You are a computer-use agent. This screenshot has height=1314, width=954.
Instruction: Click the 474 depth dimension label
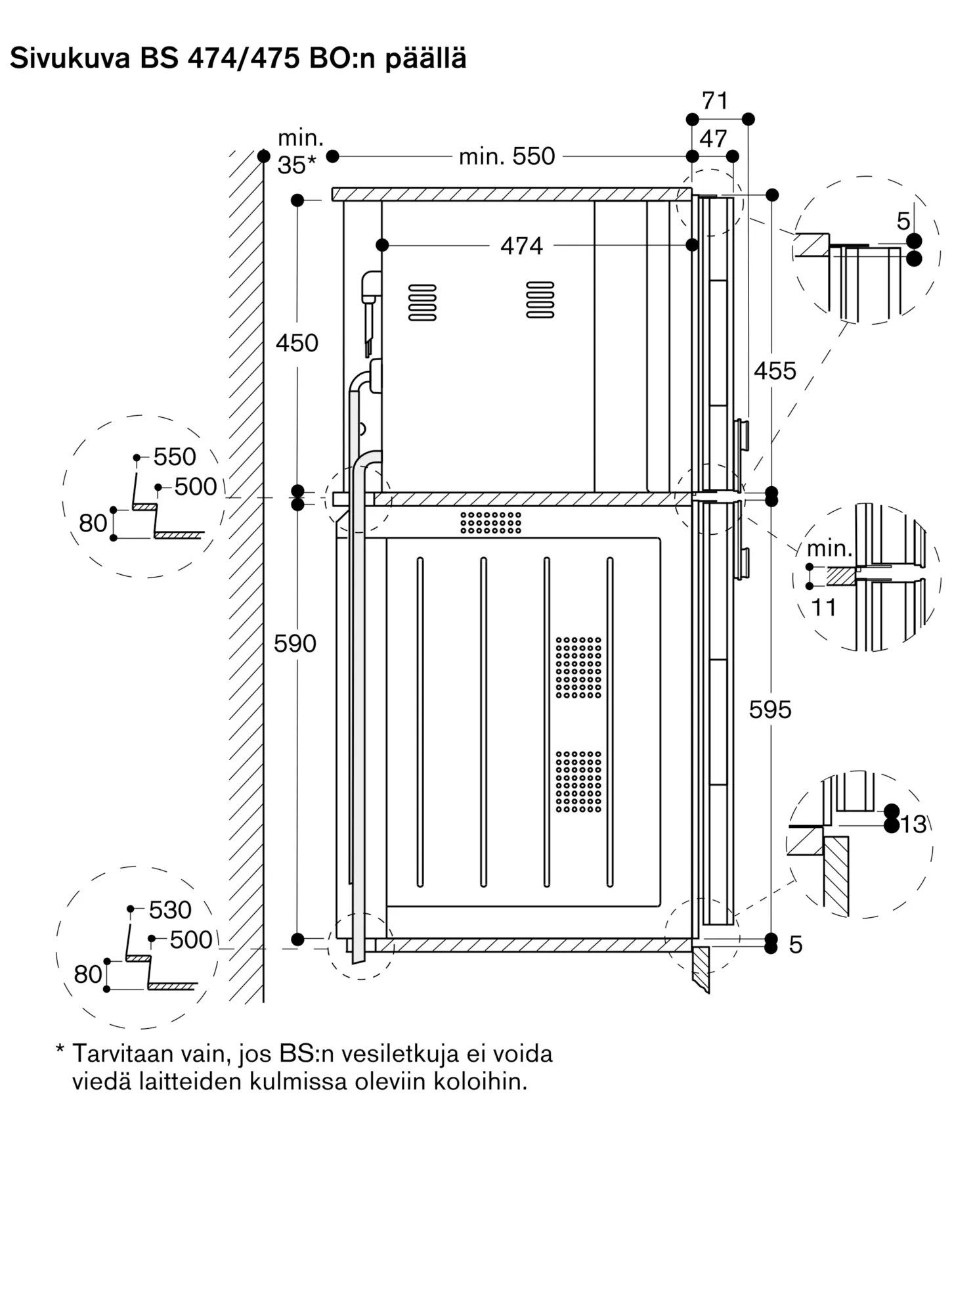(521, 246)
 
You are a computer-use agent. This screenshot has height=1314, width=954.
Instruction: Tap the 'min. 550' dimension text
(507, 156)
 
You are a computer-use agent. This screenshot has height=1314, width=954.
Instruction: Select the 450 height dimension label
(297, 343)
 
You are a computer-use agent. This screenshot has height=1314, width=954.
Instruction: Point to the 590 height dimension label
(295, 643)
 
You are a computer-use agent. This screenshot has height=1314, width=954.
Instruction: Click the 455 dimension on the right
(775, 371)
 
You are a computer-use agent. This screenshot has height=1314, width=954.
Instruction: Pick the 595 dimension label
(770, 710)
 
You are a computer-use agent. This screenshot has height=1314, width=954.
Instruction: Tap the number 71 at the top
(715, 101)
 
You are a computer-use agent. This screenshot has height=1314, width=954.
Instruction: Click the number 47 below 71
(713, 139)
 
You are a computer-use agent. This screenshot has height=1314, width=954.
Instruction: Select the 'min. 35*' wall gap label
(299, 152)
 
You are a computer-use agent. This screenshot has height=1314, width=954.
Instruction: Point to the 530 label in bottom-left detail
(170, 910)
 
